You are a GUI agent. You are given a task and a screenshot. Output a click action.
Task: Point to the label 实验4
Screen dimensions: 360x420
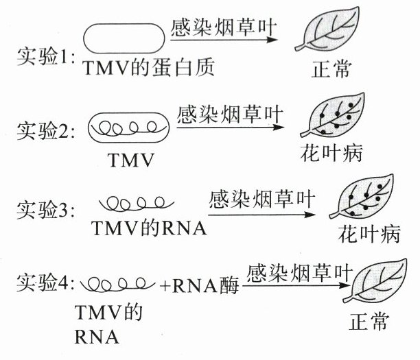pyautogui.click(x=43, y=282)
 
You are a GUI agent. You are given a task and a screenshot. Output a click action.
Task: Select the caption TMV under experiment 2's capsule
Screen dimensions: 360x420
pyautogui.click(x=129, y=160)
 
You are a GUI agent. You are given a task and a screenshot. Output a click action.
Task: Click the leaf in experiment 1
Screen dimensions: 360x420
pyautogui.click(x=337, y=34)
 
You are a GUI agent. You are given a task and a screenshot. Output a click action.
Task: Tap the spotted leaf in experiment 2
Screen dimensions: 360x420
pyautogui.click(x=337, y=117)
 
